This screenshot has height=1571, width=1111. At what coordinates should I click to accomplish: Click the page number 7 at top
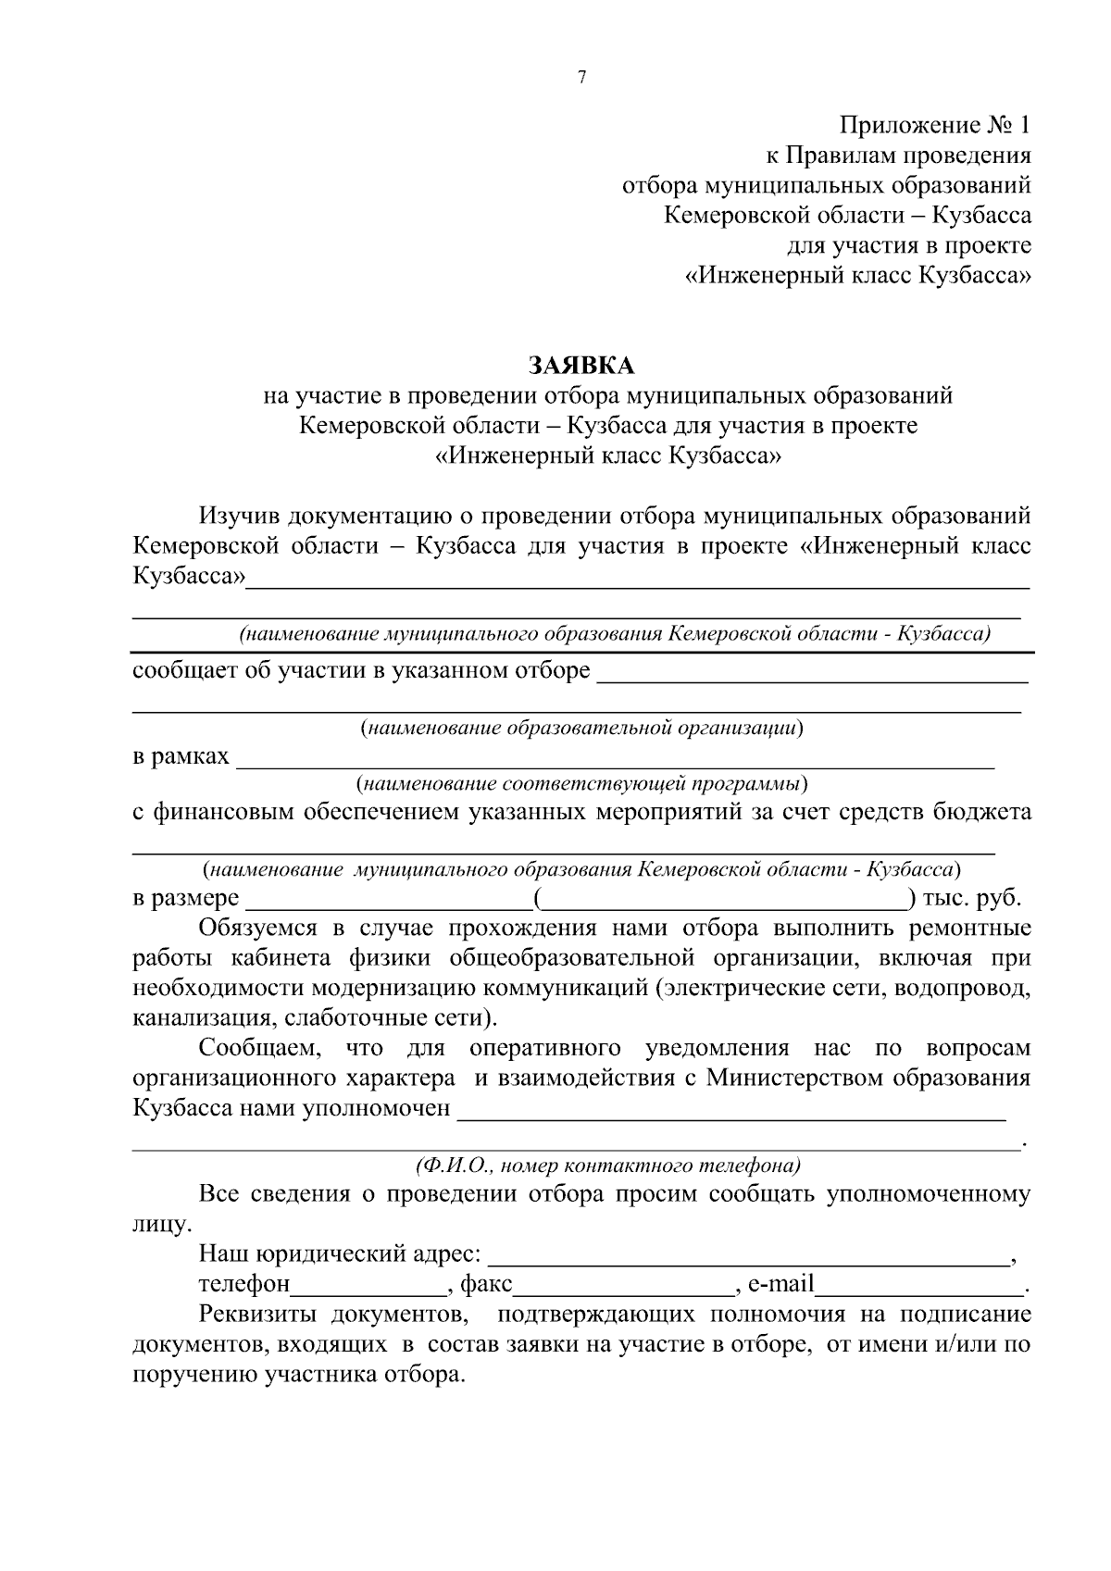coord(581,78)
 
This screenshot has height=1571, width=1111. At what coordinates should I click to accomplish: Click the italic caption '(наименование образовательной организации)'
coord(581,728)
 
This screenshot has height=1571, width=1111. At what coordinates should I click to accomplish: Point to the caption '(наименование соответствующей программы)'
coord(581,785)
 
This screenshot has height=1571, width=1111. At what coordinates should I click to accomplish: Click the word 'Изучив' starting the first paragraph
coord(238,516)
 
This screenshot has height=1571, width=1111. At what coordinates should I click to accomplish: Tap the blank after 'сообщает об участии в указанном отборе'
coord(813,676)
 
